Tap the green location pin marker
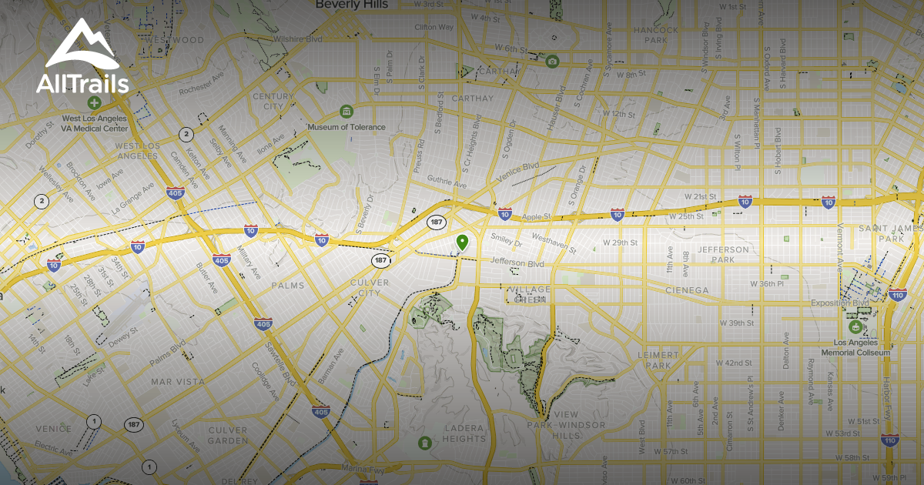click(462, 243)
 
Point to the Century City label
click(273, 102)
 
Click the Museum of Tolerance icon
click(346, 112)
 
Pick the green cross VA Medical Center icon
click(94, 102)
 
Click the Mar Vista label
click(178, 381)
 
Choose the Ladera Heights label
click(464, 433)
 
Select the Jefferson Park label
click(723, 255)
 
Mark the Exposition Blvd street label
click(839, 303)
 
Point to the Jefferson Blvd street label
click(517, 263)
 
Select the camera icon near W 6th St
click(552, 61)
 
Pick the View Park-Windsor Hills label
click(566, 420)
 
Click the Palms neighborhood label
click(287, 286)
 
